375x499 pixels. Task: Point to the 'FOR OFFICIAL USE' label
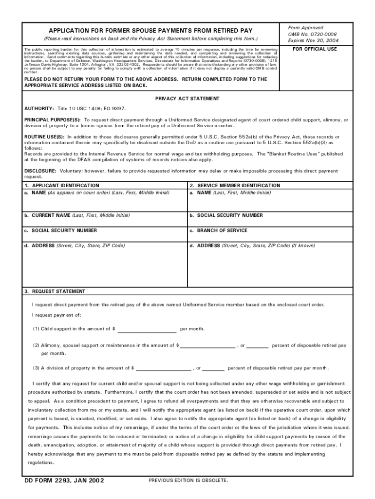[314, 49]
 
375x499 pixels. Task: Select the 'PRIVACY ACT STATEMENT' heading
[187, 98]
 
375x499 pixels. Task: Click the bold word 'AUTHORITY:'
[39, 108]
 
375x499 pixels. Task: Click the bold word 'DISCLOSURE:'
[41, 171]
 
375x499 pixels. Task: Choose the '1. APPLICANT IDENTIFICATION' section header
[62, 186]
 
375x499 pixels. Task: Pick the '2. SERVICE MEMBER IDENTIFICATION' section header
[235, 186]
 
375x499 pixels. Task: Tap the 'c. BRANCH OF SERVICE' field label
[218, 230]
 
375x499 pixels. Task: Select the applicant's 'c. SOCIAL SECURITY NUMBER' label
[60, 230]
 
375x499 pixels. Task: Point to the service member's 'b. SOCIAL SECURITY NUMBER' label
[226, 215]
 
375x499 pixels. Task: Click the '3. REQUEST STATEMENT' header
[55, 291]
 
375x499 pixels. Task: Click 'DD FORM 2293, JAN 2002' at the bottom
[64, 481]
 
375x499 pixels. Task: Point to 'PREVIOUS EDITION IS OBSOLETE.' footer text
[188, 481]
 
